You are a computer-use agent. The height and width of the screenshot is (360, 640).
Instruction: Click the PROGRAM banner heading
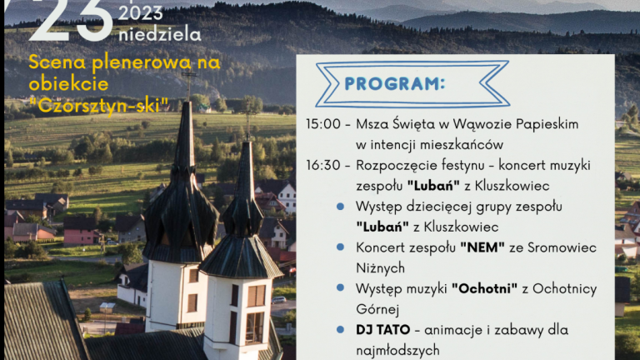(394, 84)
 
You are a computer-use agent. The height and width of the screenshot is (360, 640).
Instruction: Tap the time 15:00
(322, 123)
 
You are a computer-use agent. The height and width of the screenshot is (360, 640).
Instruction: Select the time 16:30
(322, 164)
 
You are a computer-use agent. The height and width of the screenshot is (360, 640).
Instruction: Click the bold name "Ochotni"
(479, 288)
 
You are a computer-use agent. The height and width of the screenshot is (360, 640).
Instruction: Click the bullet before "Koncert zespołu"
(341, 247)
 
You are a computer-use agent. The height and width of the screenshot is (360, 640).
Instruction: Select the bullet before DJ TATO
(341, 330)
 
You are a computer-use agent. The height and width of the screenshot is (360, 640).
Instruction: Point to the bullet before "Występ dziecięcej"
(341, 206)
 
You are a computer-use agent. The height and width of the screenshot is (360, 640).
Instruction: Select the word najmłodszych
(397, 350)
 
